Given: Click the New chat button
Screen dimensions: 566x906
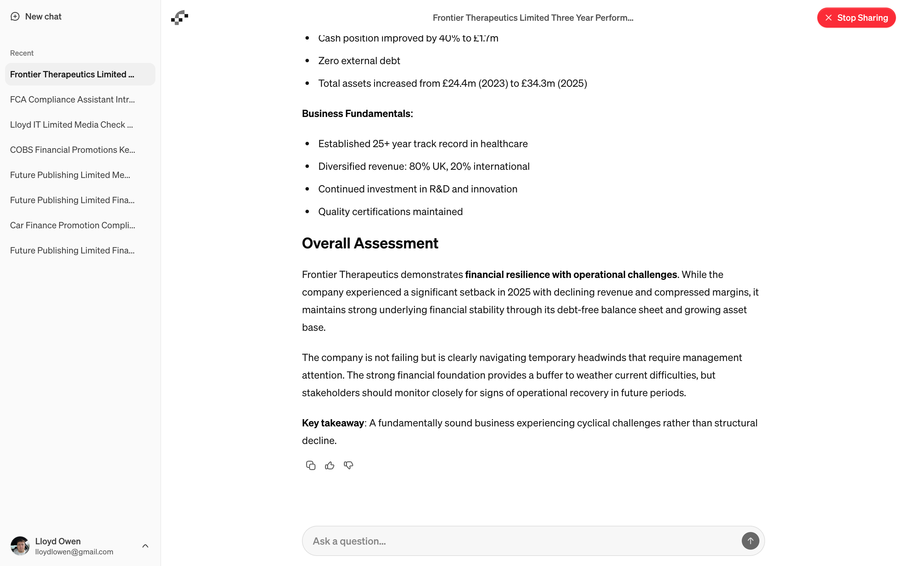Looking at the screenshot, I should pos(36,16).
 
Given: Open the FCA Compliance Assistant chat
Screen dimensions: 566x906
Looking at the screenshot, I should pos(72,100).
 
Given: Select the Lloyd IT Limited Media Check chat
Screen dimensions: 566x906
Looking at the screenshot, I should pos(71,125).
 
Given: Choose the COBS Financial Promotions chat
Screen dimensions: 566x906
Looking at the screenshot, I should pos(72,150).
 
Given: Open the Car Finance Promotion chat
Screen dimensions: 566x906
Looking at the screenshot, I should pos(72,225).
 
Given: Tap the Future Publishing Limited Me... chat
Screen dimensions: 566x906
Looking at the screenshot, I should pos(70,175).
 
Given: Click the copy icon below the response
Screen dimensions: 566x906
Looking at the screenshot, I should pos(310,465).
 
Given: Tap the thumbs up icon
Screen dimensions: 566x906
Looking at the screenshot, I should pos(329,465).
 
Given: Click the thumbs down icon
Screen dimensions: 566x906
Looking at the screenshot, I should pos(349,465).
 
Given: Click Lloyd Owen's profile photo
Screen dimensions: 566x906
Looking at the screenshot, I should pos(20,546).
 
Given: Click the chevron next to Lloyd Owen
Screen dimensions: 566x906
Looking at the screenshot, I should pos(145,546).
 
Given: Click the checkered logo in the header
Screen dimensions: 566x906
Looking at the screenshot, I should pos(180,18).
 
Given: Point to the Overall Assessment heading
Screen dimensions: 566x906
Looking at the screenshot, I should pos(370,243).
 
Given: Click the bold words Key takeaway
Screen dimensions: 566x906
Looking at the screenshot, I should pos(333,423).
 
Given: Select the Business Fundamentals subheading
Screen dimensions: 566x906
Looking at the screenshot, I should pos(357,114).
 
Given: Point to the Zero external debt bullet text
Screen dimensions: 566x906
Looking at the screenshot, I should pos(359,61).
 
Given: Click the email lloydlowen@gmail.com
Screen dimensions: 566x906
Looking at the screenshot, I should pos(74,552).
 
